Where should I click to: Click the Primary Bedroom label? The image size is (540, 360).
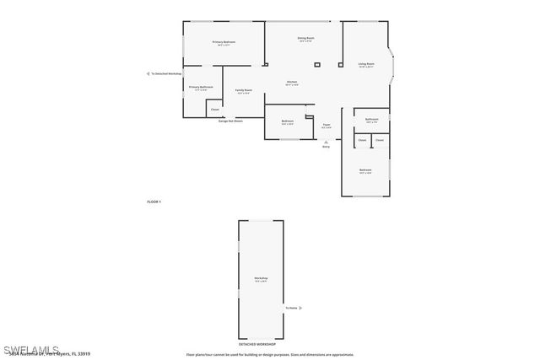coord(224,42)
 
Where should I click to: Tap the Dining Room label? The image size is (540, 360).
coord(305,38)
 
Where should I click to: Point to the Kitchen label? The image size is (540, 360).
coord(292,83)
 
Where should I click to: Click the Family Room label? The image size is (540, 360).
coord(243,90)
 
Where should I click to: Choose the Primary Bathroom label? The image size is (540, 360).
coord(201,87)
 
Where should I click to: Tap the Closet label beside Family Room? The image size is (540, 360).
coord(215,110)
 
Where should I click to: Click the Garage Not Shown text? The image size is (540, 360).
coord(230,121)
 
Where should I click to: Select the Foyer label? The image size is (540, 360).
coord(327,125)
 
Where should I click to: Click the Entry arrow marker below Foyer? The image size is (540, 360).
coord(327,142)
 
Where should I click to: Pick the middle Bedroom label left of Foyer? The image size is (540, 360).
coord(288,121)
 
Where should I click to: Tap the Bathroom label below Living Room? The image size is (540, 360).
coord(371,119)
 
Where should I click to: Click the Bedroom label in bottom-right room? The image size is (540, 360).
coord(365,170)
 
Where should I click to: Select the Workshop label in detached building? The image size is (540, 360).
coord(261,278)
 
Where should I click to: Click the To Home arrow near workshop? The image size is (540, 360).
coord(300,308)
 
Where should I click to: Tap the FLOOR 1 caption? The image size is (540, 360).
coord(154,201)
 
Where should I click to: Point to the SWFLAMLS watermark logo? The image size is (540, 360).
coord(31,349)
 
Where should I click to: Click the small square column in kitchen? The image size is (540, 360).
coord(317,64)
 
